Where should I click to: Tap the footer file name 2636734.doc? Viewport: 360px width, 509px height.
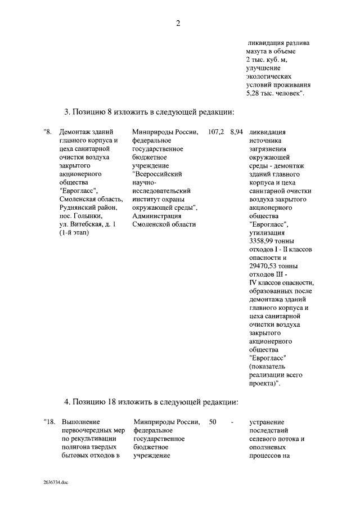click(x=56, y=483)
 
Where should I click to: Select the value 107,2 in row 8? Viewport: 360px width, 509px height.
click(x=216, y=132)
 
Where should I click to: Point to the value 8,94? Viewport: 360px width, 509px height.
click(x=236, y=132)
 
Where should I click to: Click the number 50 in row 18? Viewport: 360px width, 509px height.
click(x=213, y=422)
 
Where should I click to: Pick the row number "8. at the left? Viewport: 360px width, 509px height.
click(x=47, y=132)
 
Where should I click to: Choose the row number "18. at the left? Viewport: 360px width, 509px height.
click(x=49, y=422)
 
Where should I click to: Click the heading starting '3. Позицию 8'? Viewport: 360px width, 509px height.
click(x=148, y=111)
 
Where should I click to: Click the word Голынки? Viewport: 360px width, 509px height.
click(x=88, y=216)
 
